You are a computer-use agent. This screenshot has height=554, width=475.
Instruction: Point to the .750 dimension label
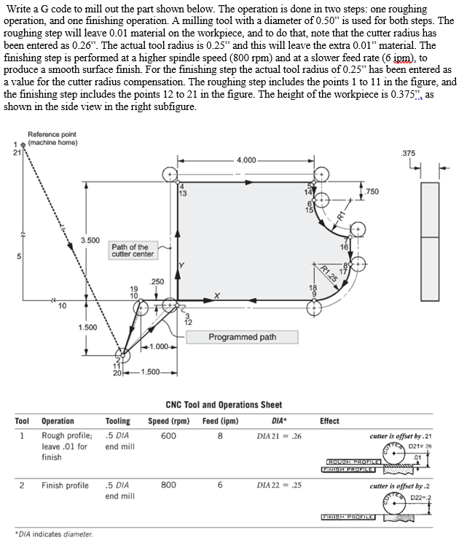(372, 191)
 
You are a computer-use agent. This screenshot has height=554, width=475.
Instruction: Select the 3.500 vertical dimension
(90, 239)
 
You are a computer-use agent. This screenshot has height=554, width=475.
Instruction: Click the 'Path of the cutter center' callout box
(133, 250)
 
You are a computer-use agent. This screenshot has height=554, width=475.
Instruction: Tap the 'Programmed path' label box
(242, 337)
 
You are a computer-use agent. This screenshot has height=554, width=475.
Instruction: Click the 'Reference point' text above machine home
(52, 134)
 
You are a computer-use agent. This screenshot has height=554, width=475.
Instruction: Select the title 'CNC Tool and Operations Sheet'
(224, 405)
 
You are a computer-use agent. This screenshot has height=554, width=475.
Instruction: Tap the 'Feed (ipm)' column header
(220, 421)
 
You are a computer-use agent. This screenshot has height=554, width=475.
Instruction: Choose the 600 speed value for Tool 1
(168, 435)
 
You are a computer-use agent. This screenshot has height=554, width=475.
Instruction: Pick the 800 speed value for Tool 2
(168, 485)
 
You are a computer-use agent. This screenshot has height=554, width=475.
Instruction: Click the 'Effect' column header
(329, 421)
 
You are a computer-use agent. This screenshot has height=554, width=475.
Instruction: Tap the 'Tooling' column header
(118, 421)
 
